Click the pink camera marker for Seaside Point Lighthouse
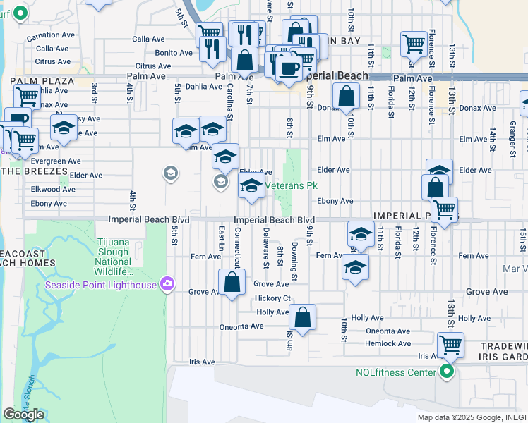[x=167, y=284]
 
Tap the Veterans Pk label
[x=289, y=186]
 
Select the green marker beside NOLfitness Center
[x=445, y=372]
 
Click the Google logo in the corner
[x=23, y=415]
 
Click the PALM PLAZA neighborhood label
[x=42, y=81]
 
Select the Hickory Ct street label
[x=272, y=298]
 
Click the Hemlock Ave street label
[x=388, y=343]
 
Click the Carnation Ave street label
[x=50, y=35]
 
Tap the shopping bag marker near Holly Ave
[x=302, y=318]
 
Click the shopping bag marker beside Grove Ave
[x=232, y=283]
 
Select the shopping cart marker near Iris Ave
[x=450, y=345]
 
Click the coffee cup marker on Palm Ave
[x=288, y=68]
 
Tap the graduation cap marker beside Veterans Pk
[x=251, y=187]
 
